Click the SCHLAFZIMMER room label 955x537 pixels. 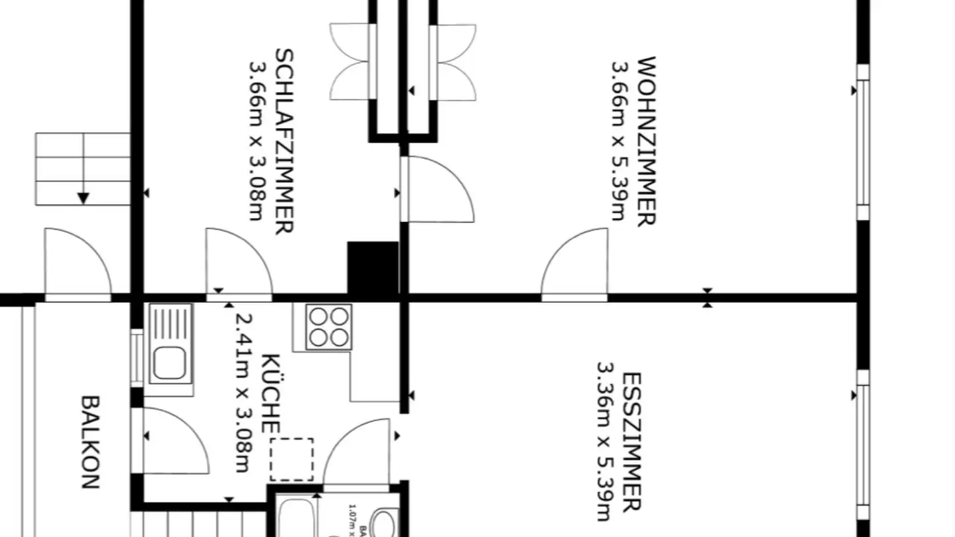284,141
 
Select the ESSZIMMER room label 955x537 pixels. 631,442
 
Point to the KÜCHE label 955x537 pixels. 269,394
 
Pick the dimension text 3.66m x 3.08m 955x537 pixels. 259,141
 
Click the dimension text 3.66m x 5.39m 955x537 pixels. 620,141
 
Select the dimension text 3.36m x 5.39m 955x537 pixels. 605,442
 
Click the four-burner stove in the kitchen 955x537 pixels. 329,327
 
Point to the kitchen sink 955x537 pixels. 170,344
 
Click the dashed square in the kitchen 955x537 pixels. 292,459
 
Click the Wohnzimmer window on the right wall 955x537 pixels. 862,143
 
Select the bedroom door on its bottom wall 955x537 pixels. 239,265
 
